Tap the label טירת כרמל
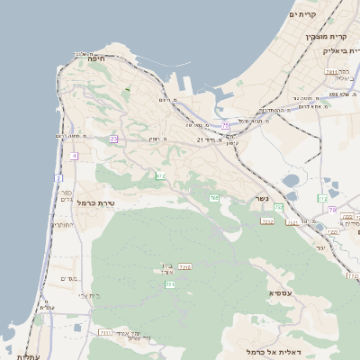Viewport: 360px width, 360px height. pos(95,203)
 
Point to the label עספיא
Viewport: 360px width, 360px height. pos(280,293)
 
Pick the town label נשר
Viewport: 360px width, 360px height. pos(261,198)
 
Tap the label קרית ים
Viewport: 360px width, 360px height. pos(305,14)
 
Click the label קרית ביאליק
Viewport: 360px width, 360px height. pos(340,50)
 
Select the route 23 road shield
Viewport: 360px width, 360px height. pos(114,139)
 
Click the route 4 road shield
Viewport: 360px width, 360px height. pos(73,155)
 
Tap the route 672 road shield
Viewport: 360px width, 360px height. pos(159,176)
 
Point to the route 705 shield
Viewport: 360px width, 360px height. pos(214,197)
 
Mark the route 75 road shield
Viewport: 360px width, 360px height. pos(225,125)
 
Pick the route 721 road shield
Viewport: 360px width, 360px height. pos(169,284)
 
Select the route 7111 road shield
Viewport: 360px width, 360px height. pos(105,332)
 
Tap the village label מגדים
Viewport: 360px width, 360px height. pos(68,278)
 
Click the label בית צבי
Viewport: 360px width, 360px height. pos(88,295)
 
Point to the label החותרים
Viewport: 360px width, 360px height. pos(62,225)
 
